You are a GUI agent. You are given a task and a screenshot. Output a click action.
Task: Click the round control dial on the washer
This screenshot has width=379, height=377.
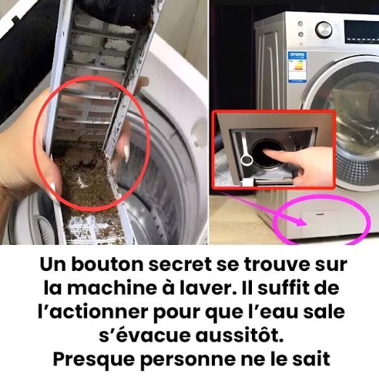(324, 30)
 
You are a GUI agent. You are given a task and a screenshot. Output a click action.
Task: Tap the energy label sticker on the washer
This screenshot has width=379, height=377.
(298, 66)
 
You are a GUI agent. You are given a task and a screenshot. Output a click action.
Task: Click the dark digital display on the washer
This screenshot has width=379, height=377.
(362, 32)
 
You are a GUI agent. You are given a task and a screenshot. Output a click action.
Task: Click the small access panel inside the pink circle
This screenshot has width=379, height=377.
(320, 224)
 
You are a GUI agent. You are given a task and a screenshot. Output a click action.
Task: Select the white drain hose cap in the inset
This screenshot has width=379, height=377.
(246, 160)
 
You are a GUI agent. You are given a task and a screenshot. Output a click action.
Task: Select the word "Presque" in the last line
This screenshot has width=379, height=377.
(94, 360)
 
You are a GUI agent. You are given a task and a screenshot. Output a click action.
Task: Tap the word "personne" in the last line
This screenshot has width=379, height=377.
(188, 360)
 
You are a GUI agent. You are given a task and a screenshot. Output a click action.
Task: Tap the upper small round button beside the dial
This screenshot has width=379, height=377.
(301, 23)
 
